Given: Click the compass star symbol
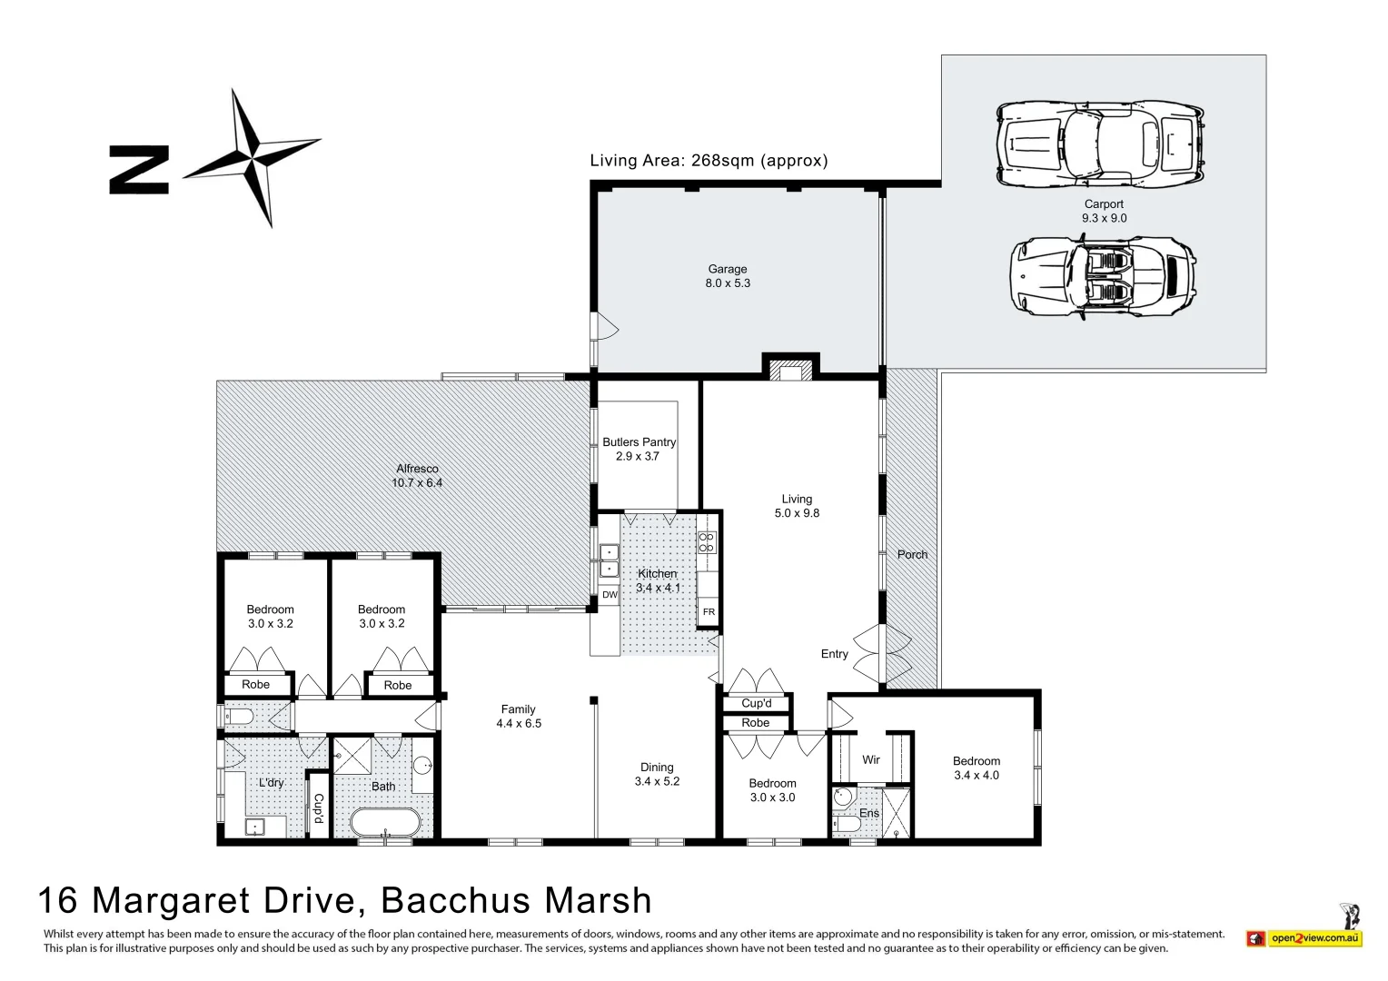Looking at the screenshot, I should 252,156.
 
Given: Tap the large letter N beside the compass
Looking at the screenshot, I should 138,169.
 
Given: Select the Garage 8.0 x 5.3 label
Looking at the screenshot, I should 728,276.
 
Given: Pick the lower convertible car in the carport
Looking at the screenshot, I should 1103,276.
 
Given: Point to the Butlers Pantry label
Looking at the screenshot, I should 639,449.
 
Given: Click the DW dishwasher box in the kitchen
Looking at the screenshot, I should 610,595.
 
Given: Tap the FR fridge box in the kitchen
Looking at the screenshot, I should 709,612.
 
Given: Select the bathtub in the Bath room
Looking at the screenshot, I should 385,824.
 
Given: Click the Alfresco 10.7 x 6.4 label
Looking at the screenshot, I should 417,476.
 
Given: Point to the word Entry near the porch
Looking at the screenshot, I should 834,654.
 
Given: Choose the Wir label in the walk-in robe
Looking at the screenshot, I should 870,759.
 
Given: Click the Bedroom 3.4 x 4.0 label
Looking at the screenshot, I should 976,768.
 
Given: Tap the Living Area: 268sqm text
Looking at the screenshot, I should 709,161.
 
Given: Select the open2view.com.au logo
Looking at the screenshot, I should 1314,937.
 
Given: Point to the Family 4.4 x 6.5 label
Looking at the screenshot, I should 518,717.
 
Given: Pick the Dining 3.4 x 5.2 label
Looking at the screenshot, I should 657,774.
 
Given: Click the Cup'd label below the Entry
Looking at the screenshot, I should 756,703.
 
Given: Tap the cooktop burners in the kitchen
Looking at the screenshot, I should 707,542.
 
